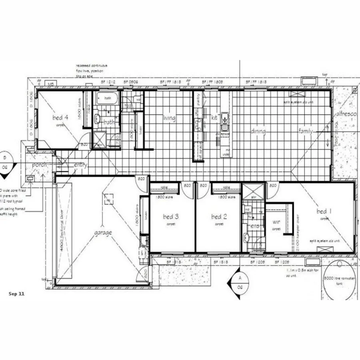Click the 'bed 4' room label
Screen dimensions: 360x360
[60, 118]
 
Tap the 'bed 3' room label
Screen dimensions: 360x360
[171, 216]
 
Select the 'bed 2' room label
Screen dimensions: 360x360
[219, 216]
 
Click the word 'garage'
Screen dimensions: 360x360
[103, 232]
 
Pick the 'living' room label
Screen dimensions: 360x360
[169, 118]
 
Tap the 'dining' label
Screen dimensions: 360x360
[258, 131]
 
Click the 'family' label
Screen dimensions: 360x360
[306, 131]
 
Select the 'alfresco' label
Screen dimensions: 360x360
[346, 114]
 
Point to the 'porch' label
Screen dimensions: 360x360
[40, 165]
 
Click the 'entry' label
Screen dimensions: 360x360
[80, 165]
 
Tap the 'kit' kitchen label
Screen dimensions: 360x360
[214, 118]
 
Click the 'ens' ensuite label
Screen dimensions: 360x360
[255, 226]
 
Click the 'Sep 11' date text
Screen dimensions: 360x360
[16, 294]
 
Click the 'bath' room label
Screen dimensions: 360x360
[109, 122]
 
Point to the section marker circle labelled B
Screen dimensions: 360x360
[5, 160]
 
